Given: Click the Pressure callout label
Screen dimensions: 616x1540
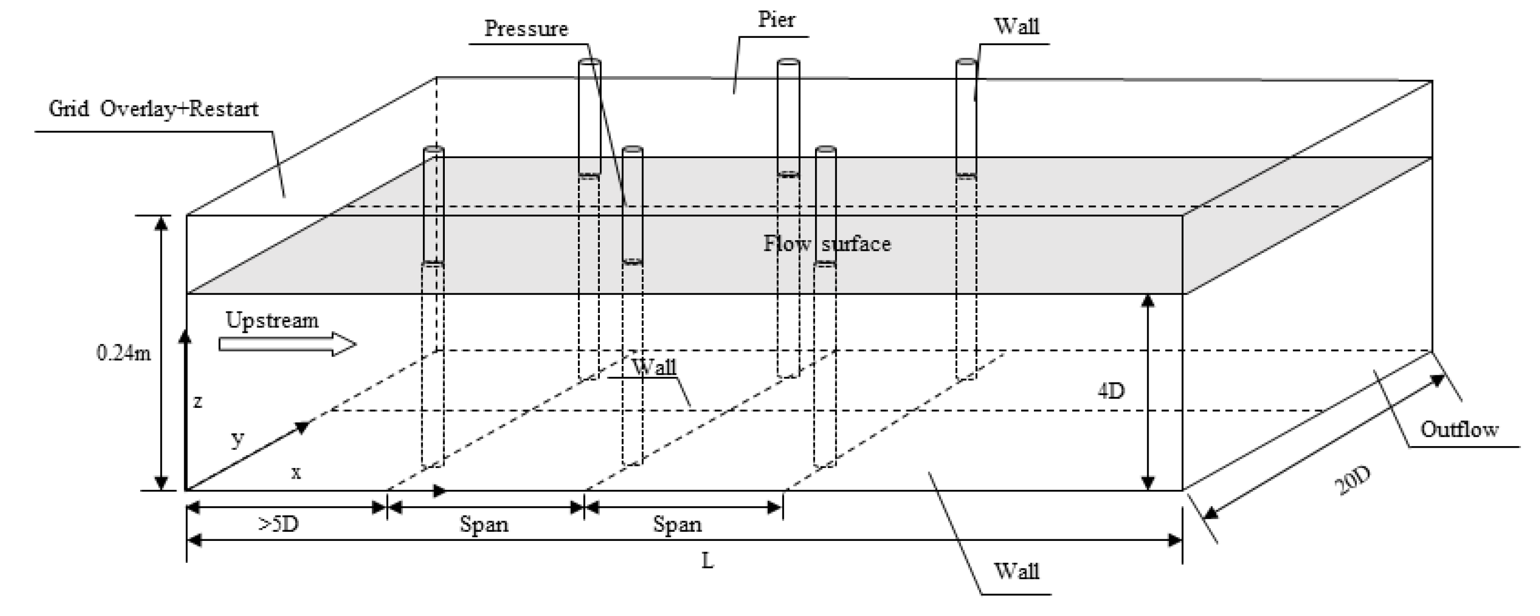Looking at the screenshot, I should pos(526,29).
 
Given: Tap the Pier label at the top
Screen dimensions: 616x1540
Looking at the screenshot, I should pos(776,20).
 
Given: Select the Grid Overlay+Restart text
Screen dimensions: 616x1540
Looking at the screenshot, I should pos(153,109).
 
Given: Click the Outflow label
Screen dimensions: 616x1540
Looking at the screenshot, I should pos(1459,429).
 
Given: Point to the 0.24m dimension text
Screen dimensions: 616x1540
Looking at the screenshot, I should pos(124,353).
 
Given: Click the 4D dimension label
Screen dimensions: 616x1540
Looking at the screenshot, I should pos(1111,391).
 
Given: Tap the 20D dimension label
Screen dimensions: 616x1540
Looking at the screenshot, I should pos(1352,481).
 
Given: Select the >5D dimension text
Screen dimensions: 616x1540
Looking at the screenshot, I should pos(279,524).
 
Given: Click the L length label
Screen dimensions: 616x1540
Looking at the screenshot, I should pos(707,561).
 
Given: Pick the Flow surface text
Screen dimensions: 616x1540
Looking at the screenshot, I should pos(827,244).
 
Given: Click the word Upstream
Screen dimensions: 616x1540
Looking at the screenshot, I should pos(272,321).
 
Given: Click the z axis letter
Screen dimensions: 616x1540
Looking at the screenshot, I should pos(198,401).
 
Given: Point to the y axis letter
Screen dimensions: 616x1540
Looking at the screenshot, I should pos(238,439).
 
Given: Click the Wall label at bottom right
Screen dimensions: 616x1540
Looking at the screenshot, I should pos(1016,571).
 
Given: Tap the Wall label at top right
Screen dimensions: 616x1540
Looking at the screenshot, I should pos(1016,26).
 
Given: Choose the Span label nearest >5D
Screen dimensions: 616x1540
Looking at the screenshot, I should pos(484,524).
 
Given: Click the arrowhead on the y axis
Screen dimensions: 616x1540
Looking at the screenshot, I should pos(303,426).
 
